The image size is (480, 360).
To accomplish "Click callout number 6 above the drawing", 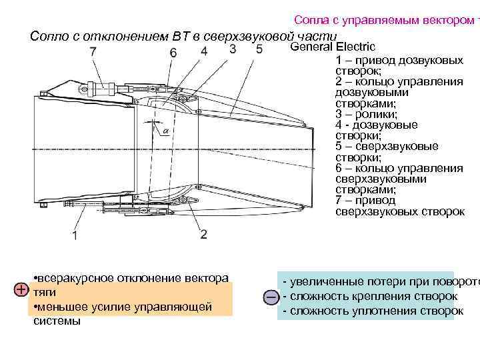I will click(173, 52).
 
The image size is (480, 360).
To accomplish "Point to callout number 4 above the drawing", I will click(203, 51).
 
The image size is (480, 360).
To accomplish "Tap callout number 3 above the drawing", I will click(232, 49).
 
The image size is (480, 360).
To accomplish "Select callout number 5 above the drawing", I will click(259, 49).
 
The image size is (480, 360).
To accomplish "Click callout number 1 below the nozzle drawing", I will click(75, 235).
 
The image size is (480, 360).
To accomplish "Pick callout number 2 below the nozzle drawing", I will click(203, 235).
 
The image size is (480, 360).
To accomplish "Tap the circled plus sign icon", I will click(21, 290).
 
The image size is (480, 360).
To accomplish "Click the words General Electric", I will click(333, 47).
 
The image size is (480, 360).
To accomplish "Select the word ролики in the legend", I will click(365, 114).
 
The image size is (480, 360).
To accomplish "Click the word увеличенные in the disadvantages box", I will click(324, 281).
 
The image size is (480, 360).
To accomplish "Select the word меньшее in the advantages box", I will click(60, 307).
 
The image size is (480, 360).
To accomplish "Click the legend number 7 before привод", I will click(339, 200).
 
